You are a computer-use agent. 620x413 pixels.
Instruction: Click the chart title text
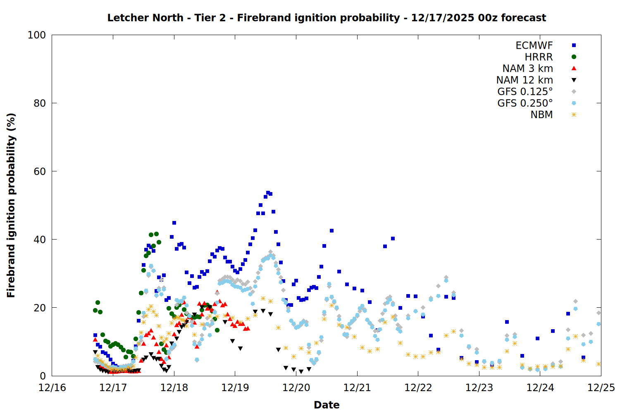pos(327,18)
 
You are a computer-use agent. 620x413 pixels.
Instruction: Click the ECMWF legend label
pos(534,45)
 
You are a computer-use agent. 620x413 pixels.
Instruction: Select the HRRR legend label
pos(539,57)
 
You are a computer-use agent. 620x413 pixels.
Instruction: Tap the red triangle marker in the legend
pos(574,68)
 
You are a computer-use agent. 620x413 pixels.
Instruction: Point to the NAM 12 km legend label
pos(525,80)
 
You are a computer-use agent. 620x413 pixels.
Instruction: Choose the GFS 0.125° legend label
pos(525,92)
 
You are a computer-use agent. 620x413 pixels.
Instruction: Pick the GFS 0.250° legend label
pos(525,103)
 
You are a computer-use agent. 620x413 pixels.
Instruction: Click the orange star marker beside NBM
pos(574,115)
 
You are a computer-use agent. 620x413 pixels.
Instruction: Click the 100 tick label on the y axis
pos(37,35)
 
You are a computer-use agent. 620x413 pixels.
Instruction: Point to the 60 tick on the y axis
pos(40,171)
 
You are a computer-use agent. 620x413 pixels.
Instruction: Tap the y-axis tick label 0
pos(43,376)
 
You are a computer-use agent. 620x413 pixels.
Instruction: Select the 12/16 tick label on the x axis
pos(52,388)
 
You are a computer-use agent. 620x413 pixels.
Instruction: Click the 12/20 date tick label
pos(296,388)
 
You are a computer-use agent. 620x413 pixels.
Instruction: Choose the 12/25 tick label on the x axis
pos(601,388)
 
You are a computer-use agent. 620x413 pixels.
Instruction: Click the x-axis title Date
pos(327,405)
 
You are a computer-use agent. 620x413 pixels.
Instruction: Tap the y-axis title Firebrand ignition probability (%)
pos(11,205)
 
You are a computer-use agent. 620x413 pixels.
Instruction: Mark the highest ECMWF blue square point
pos(268,192)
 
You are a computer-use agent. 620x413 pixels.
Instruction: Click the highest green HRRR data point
pos(156,234)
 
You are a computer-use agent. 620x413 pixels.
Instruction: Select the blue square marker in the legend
pos(574,45)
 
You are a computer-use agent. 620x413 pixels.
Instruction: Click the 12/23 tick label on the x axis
pos(479,388)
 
